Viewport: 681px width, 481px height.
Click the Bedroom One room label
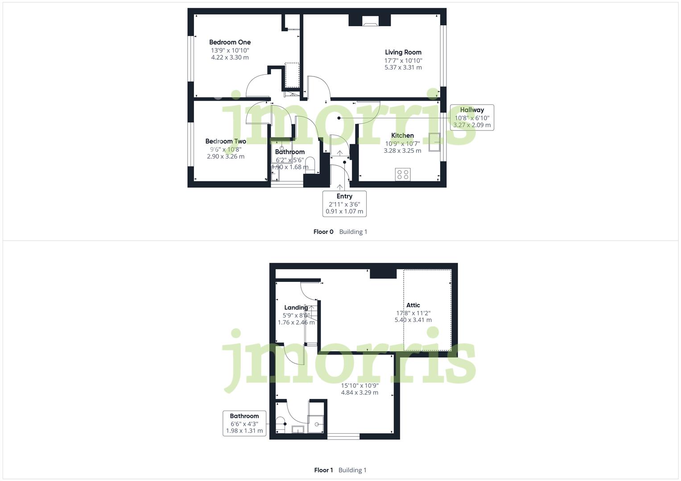point(230,42)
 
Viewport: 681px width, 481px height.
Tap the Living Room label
point(403,52)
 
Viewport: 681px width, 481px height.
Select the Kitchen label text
point(402,135)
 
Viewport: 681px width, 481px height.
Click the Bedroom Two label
point(225,141)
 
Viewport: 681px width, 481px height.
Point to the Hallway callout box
point(472,117)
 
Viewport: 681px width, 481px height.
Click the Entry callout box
point(344,204)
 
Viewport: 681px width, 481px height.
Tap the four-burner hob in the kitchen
point(403,174)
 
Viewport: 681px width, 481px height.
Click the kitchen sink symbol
point(434,142)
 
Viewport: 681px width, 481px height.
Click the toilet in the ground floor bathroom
point(310,164)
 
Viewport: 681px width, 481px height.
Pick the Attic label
point(413,305)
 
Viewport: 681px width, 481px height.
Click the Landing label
point(296,307)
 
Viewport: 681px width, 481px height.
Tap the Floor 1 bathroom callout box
point(244,423)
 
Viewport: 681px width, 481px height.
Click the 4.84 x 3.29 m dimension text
point(359,392)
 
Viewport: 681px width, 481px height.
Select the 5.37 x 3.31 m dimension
point(403,67)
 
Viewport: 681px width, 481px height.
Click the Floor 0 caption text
point(323,232)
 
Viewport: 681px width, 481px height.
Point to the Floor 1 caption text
point(323,470)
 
